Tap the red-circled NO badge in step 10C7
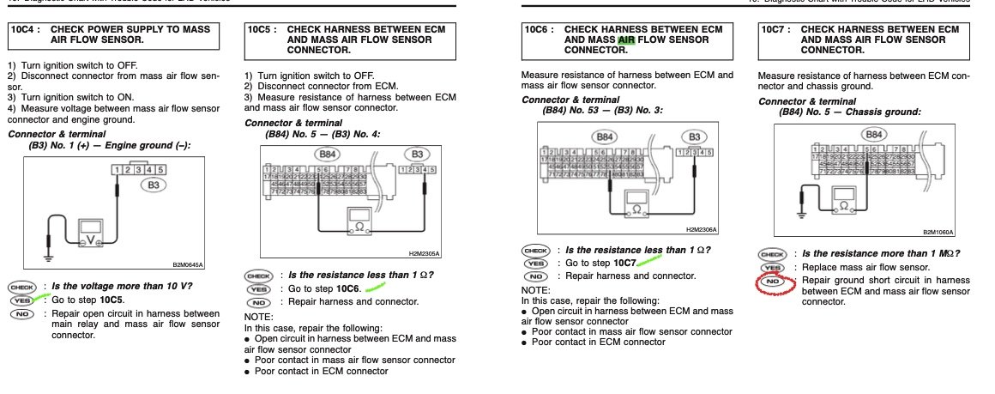(773, 282)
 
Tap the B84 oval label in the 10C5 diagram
(328, 155)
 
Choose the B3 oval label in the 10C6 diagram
(694, 136)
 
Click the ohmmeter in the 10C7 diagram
(846, 204)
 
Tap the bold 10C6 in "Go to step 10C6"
(347, 289)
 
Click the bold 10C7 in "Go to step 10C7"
(624, 262)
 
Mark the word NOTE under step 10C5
(260, 316)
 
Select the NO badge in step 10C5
(257, 302)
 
